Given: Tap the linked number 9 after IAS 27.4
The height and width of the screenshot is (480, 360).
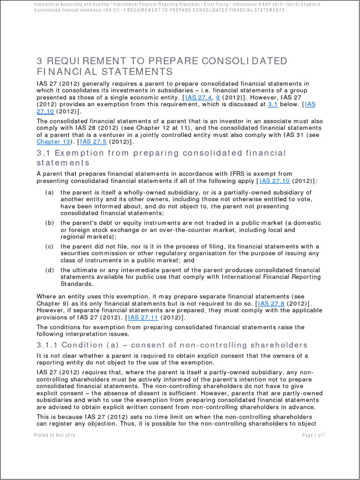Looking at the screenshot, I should (218, 97).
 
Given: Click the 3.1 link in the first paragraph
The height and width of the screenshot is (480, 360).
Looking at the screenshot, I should (273, 105).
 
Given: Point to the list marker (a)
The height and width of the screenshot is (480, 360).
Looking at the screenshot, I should (49, 192).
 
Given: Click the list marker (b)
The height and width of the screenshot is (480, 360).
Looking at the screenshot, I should (49, 223).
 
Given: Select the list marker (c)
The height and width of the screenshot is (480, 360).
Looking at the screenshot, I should (49, 247).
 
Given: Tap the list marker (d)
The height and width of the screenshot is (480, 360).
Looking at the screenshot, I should (49, 270).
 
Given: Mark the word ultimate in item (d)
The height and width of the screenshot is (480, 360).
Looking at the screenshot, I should (87, 270).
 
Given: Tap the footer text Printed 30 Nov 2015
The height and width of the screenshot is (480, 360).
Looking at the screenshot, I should (55, 435).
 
